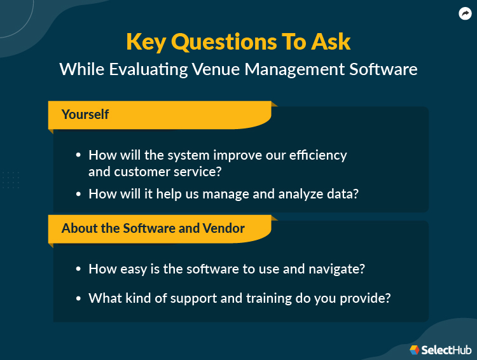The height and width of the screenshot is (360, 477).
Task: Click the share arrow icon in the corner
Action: [465, 13]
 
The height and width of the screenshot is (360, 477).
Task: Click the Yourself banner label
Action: [85, 114]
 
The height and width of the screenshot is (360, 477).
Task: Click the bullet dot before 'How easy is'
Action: [78, 269]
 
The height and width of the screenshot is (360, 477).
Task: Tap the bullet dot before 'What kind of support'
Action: [78, 298]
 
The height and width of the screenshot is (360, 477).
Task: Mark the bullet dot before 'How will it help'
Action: [78, 194]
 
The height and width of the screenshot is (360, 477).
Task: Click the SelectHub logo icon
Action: [415, 349]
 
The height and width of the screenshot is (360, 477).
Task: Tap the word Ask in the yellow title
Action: [329, 41]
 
